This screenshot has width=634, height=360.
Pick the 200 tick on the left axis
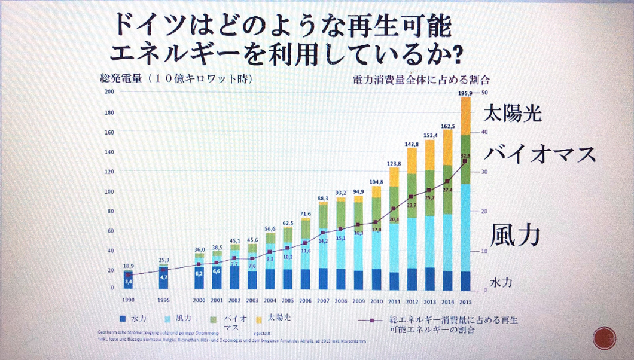click(109, 91)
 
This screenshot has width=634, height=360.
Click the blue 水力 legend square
click(124, 319)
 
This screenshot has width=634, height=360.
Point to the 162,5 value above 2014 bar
click(447, 126)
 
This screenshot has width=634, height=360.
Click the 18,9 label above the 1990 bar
click(128, 265)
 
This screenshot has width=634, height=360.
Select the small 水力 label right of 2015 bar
click(500, 280)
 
